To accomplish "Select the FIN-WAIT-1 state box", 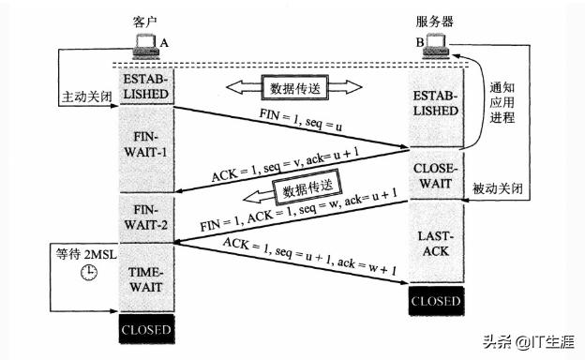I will (x=144, y=145).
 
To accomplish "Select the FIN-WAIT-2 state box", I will (x=144, y=218).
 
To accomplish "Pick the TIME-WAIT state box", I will (x=144, y=277).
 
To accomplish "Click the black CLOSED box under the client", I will (x=144, y=331).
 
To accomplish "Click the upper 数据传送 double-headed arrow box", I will (x=294, y=87).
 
